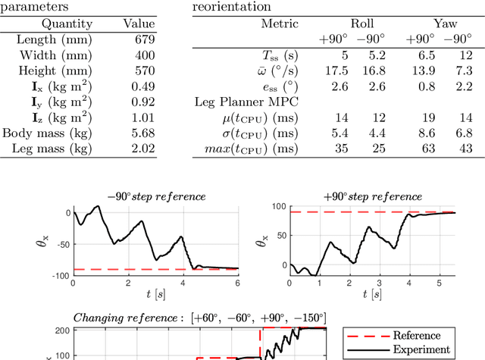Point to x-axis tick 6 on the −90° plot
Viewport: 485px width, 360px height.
coord(238,283)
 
